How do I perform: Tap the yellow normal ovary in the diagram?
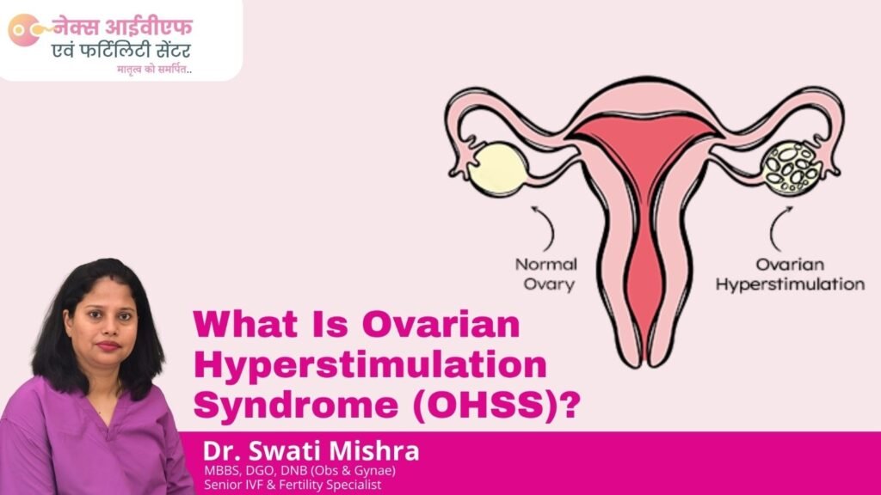click(497, 169)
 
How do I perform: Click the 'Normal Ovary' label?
click(546, 274)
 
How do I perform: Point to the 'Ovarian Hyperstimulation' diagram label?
click(790, 274)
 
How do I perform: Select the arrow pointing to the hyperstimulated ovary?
click(778, 227)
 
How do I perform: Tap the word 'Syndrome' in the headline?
click(296, 406)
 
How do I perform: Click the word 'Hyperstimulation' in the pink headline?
click(370, 364)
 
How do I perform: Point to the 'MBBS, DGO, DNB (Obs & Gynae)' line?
click(300, 470)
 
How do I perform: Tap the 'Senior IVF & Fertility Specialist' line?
click(293, 485)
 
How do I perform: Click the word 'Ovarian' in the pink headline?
click(441, 324)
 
